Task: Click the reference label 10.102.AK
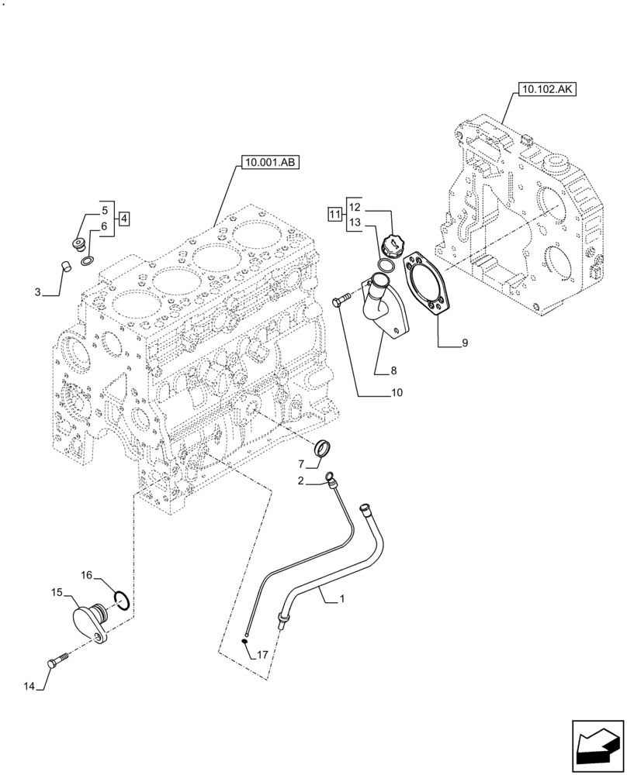click(x=543, y=90)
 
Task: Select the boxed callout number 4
click(x=124, y=218)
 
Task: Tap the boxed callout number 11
click(x=334, y=215)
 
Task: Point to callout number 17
click(x=262, y=655)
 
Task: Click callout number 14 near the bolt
click(x=29, y=685)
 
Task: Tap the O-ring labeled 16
click(x=120, y=599)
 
